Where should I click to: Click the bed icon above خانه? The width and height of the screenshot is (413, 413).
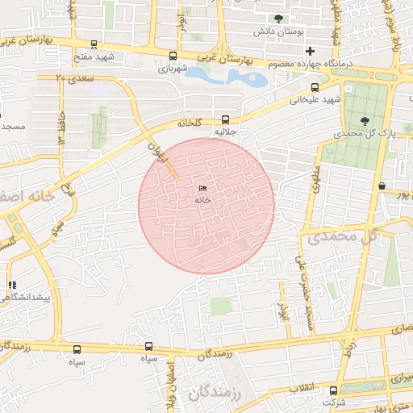click(x=202, y=188)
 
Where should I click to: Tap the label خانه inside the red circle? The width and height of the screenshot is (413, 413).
click(x=202, y=199)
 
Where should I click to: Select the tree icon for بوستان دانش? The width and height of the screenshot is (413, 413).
click(x=279, y=19)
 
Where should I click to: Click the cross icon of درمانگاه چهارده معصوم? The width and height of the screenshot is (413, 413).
click(x=309, y=51)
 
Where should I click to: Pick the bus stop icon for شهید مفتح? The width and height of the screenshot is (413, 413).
click(x=94, y=45)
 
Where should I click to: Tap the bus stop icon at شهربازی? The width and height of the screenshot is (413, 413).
click(x=173, y=56)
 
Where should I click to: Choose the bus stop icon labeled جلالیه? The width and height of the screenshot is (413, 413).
click(x=224, y=119)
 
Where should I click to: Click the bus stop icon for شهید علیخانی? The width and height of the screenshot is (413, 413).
click(x=315, y=87)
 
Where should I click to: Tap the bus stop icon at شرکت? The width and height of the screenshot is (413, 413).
click(x=333, y=390)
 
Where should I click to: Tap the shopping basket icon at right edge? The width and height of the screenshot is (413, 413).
click(x=381, y=186)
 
